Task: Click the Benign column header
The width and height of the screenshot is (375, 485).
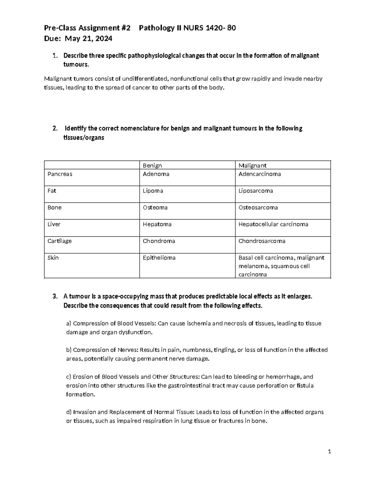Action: (152, 166)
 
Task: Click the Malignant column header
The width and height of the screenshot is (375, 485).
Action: (252, 166)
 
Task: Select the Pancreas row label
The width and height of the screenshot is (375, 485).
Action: (60, 174)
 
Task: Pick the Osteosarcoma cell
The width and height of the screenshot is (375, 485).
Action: (258, 208)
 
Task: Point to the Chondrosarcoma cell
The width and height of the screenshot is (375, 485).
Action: (262, 241)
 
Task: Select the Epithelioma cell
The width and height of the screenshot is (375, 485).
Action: (159, 258)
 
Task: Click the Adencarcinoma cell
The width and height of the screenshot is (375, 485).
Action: (259, 174)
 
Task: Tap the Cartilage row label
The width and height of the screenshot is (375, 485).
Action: (59, 241)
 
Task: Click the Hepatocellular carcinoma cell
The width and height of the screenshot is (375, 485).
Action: (273, 224)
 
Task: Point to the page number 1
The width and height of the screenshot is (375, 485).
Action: (329, 452)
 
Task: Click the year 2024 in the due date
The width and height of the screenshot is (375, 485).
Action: (104, 39)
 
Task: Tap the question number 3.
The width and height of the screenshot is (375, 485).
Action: (55, 296)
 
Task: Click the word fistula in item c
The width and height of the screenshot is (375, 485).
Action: (305, 385)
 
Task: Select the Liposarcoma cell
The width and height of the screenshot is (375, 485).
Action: (256, 191)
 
